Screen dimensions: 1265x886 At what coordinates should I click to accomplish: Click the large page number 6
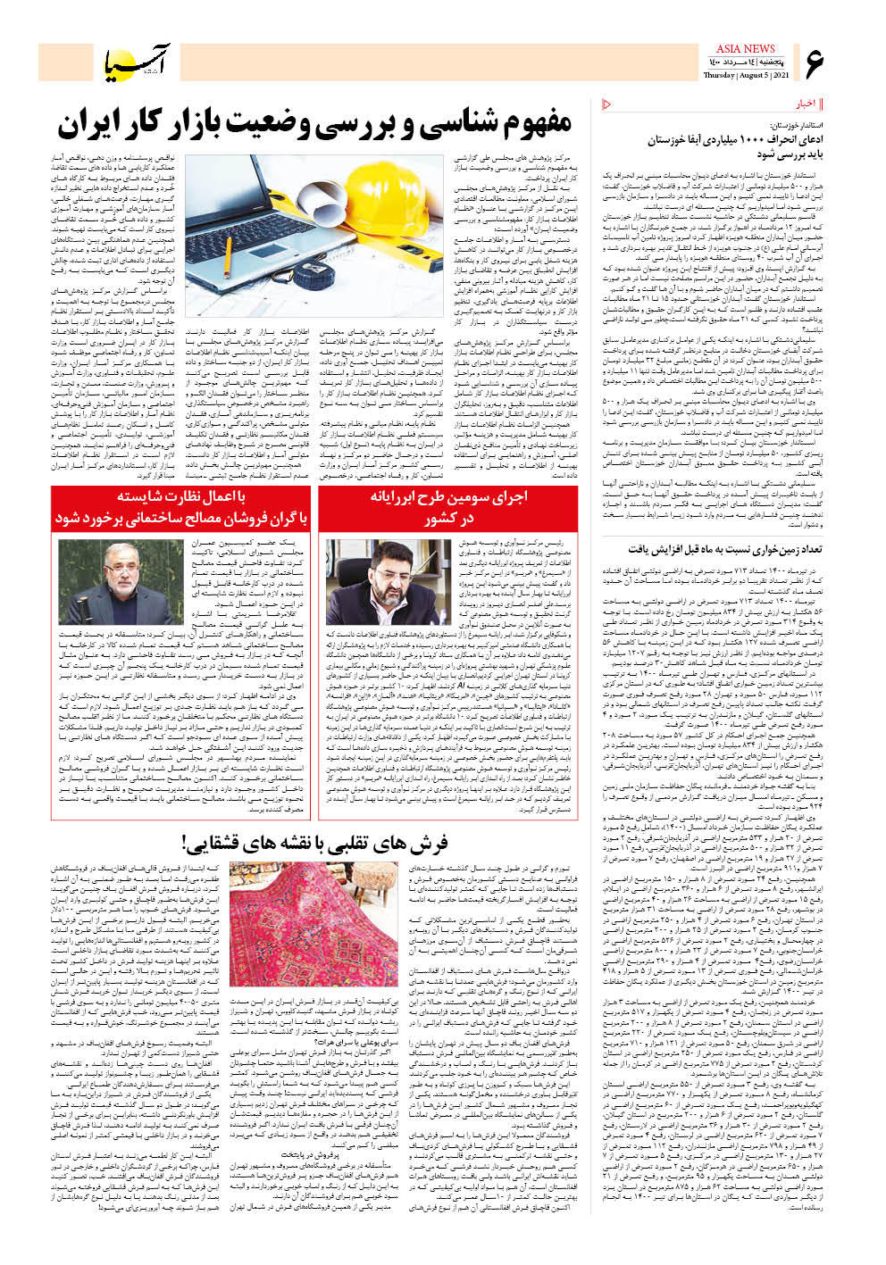coord(815,63)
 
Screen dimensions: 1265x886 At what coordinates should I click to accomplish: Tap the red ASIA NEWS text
coord(745,48)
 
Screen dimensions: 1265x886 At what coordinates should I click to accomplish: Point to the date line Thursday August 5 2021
coord(745,75)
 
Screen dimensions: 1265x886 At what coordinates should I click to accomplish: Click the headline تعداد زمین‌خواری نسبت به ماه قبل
coord(724,549)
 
